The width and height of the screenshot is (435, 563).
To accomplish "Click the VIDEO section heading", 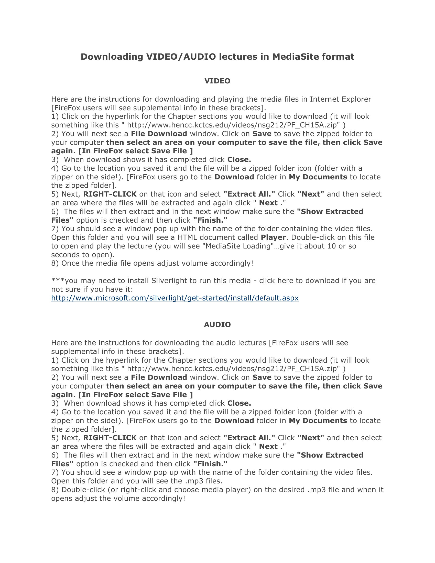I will [x=217, y=81].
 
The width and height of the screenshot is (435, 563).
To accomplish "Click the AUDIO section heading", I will [x=217, y=324].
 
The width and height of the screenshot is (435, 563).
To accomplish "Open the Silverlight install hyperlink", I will [x=175, y=298].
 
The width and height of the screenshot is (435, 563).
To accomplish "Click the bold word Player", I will [x=273, y=237].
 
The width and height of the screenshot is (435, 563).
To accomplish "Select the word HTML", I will [x=187, y=237].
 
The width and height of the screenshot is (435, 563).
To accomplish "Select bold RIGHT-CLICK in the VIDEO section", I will [x=110, y=194].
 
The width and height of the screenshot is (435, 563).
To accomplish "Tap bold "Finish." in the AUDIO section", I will [x=210, y=464].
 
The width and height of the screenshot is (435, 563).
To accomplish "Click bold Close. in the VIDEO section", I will [x=239, y=160].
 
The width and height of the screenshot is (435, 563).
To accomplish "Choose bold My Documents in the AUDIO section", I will [x=318, y=421].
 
